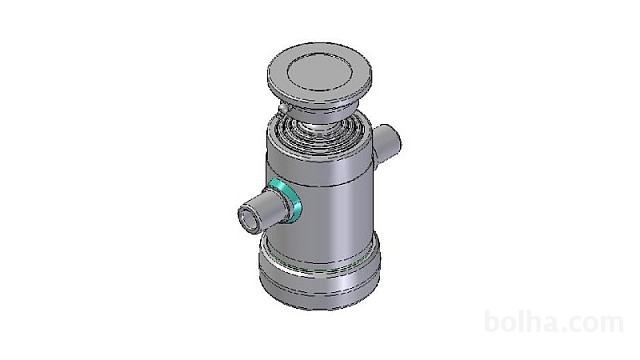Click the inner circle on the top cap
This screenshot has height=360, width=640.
click(319, 73)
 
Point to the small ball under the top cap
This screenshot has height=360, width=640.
click(283, 108)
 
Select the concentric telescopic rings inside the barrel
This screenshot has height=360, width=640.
click(318, 130)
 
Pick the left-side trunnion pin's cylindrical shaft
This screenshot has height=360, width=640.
click(269, 207)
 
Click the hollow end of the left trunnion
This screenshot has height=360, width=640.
click(249, 216)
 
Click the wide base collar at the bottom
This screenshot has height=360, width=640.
click(320, 278)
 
